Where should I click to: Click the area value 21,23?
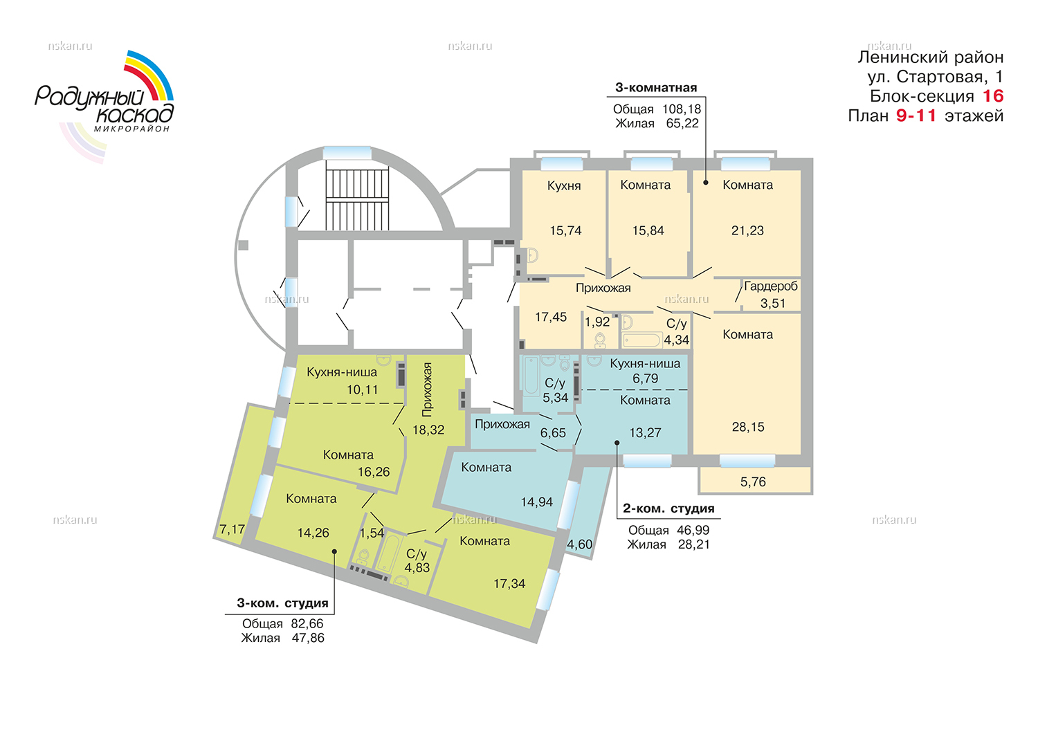coord(747,230)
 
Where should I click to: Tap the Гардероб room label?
coord(771,286)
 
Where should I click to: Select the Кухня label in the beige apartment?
coord(563,186)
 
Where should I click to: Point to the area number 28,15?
coord(748,427)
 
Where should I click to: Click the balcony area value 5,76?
coord(753,482)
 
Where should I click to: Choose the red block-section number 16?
coord(992,96)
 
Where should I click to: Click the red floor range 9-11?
coord(916,116)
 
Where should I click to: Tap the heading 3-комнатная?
coord(656,88)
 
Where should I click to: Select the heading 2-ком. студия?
coord(668,508)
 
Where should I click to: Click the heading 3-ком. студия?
coord(282,603)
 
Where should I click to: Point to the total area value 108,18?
coord(681,109)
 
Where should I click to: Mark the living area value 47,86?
coord(308,638)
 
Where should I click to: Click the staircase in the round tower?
coord(357,199)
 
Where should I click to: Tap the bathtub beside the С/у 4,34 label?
coord(641,340)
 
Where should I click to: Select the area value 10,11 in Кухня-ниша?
coord(362,389)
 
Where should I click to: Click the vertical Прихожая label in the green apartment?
coord(427,389)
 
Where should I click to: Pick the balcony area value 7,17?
coord(232,529)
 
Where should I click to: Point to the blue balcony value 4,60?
coord(579,544)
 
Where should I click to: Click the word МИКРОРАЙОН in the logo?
coord(131,129)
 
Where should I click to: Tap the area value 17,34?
coord(509,583)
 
